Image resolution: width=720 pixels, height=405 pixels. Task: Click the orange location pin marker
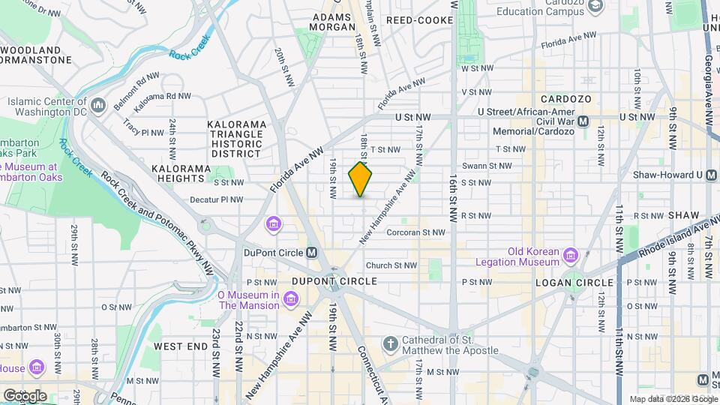pos(361,179)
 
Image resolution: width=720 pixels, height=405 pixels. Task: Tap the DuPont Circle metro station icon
pos(312,252)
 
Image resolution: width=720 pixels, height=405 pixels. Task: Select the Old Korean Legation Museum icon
pos(571,256)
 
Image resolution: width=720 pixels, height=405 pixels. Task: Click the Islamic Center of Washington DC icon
pos(98,106)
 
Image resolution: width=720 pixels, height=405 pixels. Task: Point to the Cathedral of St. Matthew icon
pos(389,344)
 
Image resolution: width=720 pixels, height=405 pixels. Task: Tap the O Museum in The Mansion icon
pos(292,300)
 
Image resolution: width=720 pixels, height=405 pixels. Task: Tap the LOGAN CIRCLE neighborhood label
pos(574,283)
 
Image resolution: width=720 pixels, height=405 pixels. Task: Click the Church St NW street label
pos(391,265)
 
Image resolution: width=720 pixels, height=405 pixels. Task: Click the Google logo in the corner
pos(24,394)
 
